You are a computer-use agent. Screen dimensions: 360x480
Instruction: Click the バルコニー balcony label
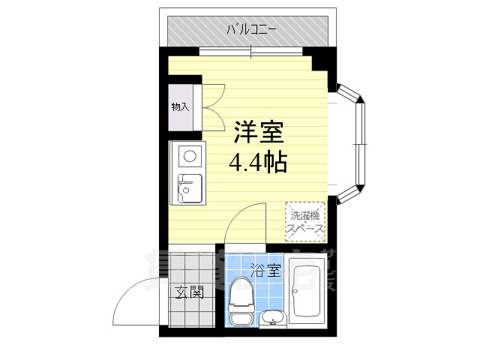click(252, 31)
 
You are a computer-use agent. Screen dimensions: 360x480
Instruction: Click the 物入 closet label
click(180, 106)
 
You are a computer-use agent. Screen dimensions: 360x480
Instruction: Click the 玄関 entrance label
click(190, 292)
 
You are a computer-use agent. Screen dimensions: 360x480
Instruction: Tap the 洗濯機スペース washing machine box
click(306, 220)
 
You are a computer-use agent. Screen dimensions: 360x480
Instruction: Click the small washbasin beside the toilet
click(272, 318)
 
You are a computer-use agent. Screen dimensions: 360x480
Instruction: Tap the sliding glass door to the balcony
click(251, 51)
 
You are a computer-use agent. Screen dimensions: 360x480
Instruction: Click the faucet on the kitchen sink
click(182, 178)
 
